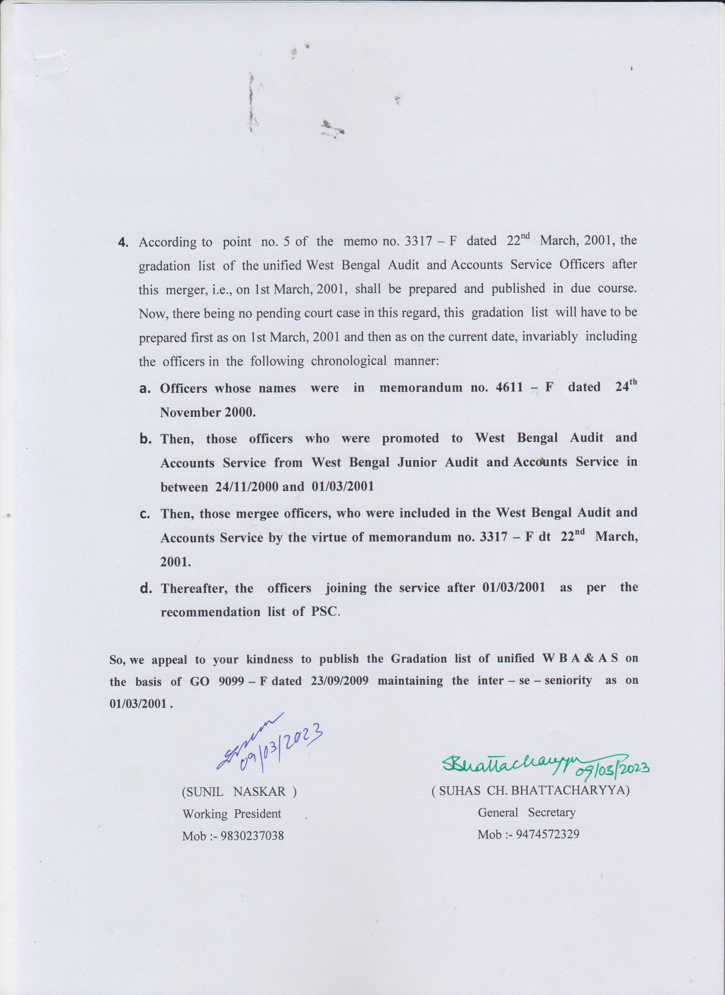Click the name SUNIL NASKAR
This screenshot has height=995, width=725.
pyautogui.click(x=239, y=792)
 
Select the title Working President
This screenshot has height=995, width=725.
pyautogui.click(x=232, y=814)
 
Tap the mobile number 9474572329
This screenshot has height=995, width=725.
pyautogui.click(x=548, y=834)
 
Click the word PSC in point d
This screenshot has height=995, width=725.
pyautogui.click(x=325, y=612)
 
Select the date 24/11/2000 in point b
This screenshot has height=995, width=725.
pyautogui.click(x=246, y=487)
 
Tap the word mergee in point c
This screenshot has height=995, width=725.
pyautogui.click(x=257, y=513)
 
